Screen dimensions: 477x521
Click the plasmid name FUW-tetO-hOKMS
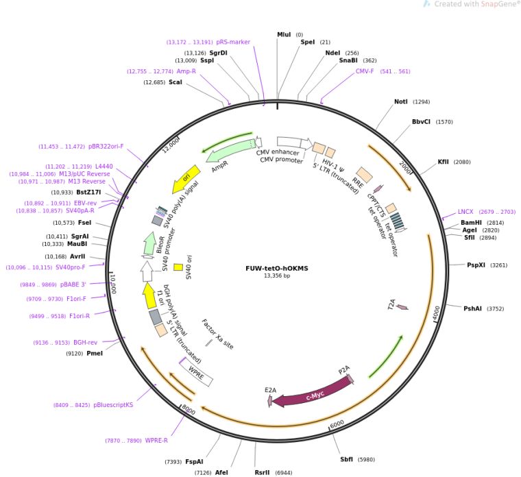[276, 269]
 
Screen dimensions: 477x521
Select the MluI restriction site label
[284, 34]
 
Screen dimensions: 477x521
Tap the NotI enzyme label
[401, 101]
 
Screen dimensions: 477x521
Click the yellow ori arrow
[186, 176]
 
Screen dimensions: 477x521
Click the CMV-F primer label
[365, 71]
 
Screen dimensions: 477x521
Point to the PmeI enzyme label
[95, 354]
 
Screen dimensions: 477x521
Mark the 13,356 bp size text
[276, 276]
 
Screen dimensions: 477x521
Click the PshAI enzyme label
[474, 308]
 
